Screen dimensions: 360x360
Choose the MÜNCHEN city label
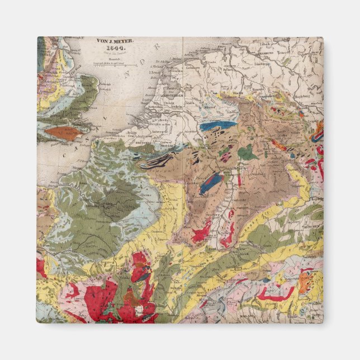click(x=310, y=228)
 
